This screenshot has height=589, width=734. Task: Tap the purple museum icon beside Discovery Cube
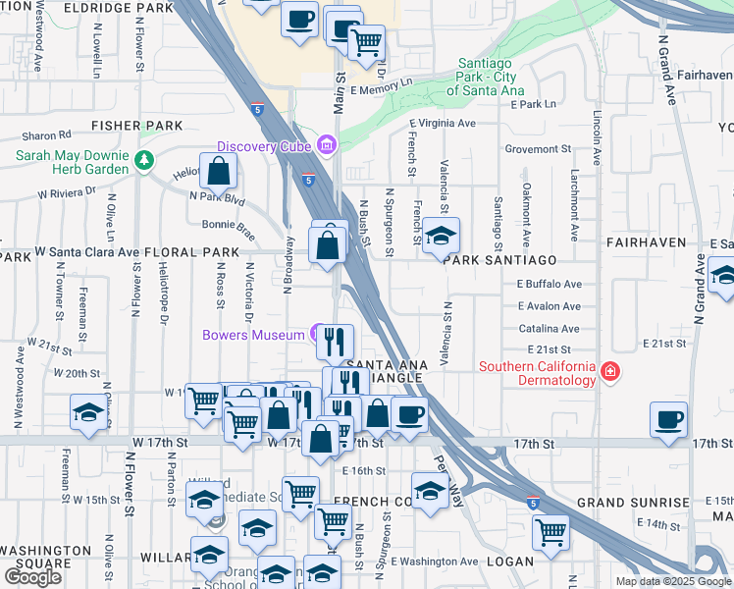pos(327,146)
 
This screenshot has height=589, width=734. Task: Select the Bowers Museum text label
pos(253,336)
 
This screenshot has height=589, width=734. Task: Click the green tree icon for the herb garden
pos(145,159)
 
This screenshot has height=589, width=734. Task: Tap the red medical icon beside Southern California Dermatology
pos(610,371)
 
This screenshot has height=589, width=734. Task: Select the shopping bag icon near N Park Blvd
pos(219,171)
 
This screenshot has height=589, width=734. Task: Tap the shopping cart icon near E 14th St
pos(550,531)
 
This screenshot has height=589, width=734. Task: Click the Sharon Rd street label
pos(47,135)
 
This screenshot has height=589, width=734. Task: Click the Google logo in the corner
pos(32,577)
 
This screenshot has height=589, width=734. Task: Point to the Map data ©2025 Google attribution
pos(673,581)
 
